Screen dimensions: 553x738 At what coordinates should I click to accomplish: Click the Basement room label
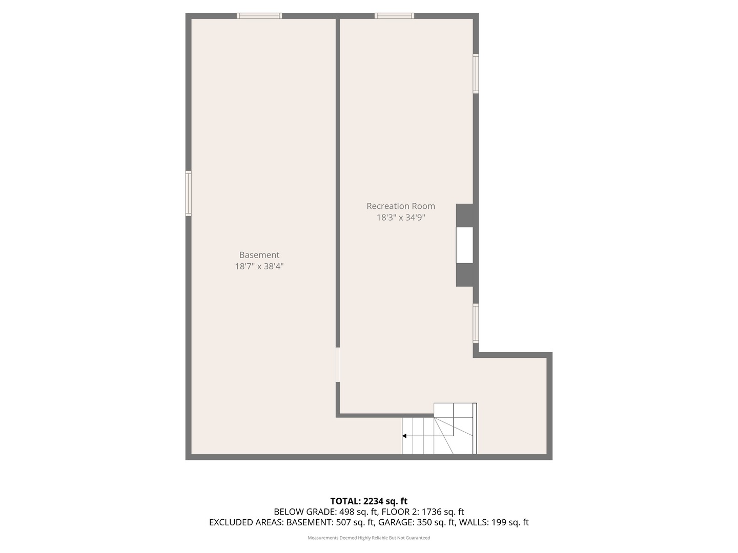tap(259, 255)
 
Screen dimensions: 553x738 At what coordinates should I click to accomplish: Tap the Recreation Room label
tap(401, 206)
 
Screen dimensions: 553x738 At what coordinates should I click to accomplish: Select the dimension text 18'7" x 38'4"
tap(259, 266)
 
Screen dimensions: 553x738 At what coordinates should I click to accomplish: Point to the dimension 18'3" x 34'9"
tap(401, 218)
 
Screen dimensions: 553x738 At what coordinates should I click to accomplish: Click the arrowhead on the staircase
tap(404, 436)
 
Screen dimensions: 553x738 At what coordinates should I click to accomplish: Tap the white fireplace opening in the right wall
tap(465, 245)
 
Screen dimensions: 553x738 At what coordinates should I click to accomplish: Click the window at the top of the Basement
tap(259, 16)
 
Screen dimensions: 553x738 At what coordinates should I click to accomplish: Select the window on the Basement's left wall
tap(188, 194)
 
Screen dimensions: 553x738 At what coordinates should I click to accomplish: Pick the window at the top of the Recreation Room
tap(394, 16)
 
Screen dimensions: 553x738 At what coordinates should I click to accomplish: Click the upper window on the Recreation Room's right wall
tap(476, 74)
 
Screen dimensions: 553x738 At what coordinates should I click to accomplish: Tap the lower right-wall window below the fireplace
tap(476, 323)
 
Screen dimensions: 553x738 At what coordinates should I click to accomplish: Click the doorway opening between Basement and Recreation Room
tap(337, 365)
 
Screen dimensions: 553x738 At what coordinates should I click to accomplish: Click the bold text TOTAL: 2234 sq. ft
tap(368, 501)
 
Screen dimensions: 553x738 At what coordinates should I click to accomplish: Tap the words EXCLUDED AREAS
tap(245, 523)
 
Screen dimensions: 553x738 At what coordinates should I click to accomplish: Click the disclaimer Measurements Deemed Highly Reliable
tap(368, 538)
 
